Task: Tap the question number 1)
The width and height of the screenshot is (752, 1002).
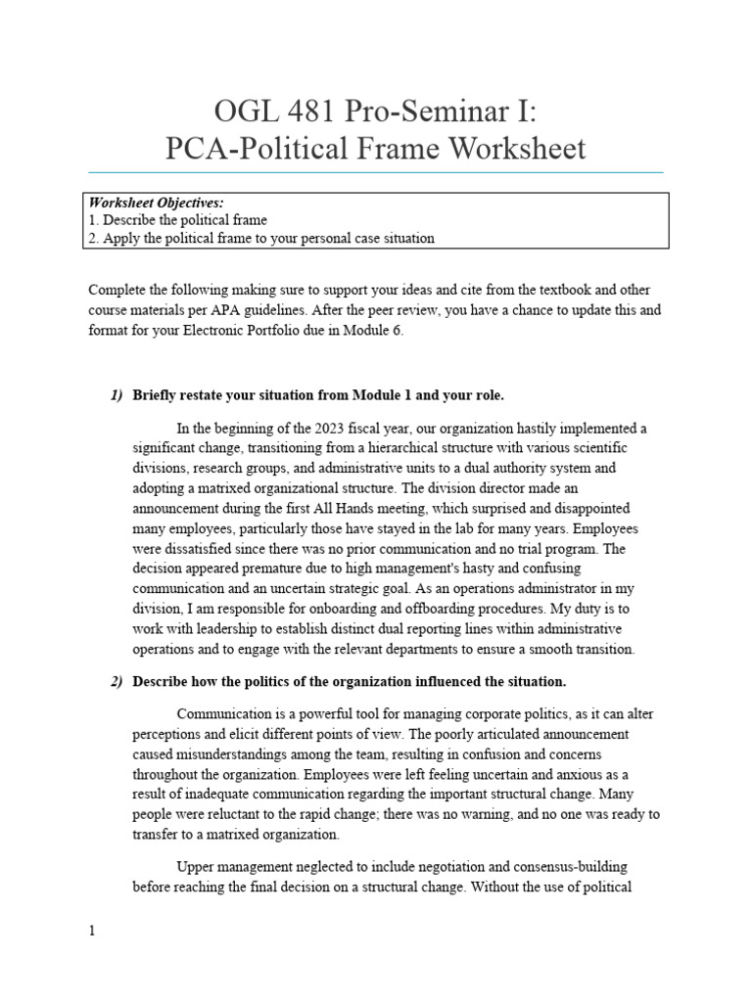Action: coord(116,394)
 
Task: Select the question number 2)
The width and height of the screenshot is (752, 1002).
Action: coord(116,681)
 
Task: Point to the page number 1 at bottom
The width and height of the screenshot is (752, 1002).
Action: coord(92,931)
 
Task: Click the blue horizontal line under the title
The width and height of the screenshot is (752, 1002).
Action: coord(376,172)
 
